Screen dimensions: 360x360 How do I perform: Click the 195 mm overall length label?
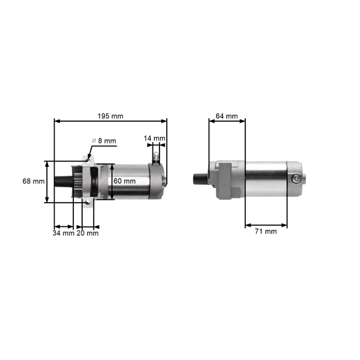click(x=110, y=116)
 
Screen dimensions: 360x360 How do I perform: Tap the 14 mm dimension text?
click(x=154, y=139)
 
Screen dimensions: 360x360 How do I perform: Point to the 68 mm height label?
click(x=34, y=181)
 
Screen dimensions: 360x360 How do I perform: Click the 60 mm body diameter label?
click(x=124, y=181)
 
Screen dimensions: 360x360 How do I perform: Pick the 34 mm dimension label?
click(x=63, y=233)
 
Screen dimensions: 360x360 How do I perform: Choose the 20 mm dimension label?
click(x=88, y=233)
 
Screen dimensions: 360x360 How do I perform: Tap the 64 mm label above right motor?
click(x=226, y=116)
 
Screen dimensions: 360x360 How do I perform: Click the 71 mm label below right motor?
click(x=265, y=232)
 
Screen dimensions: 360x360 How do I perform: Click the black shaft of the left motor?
click(x=62, y=181)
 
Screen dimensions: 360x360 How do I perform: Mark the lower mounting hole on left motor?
click(x=88, y=204)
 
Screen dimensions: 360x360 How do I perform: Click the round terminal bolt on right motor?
click(x=296, y=178)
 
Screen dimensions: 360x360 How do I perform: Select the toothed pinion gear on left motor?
click(x=76, y=181)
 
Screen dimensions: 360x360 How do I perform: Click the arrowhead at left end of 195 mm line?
click(x=56, y=121)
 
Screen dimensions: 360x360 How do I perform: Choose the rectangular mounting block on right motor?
click(x=223, y=179)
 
